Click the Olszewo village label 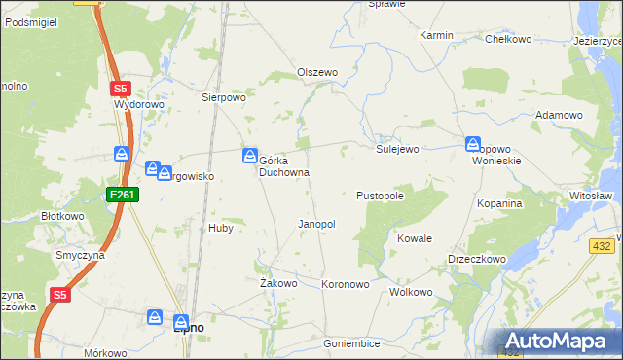click(316, 72)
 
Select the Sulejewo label click(397, 149)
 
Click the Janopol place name click(316, 224)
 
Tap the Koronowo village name click(346, 284)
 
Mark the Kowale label click(415, 238)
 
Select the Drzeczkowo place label click(476, 260)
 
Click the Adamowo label click(559, 115)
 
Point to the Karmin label click(436, 35)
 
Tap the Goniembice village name click(351, 343)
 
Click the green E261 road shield click(124, 196)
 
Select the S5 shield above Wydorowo click(120, 88)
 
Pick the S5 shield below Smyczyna click(60, 295)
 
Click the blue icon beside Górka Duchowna click(250, 155)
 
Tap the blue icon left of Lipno click(155, 317)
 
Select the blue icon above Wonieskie click(473, 144)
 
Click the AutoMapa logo click(560, 341)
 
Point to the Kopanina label click(500, 203)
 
